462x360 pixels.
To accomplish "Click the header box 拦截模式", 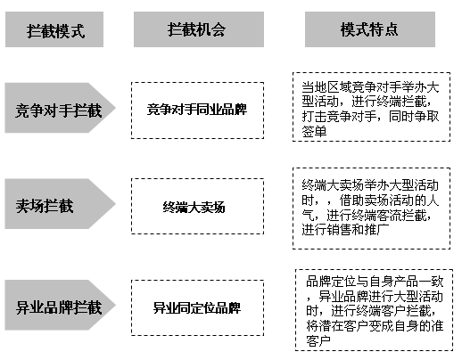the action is (54, 29).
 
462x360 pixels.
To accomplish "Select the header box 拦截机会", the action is (199, 29).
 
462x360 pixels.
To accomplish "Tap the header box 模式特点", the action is (370, 29).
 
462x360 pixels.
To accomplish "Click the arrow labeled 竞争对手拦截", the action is (61, 108).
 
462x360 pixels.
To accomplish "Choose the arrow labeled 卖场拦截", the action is (61, 204).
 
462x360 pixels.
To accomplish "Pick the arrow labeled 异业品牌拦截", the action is (61, 305).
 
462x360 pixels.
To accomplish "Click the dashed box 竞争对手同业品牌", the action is (197, 110).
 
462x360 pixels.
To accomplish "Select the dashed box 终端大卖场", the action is (197, 206).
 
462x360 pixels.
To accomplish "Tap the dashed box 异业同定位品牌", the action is (197, 307).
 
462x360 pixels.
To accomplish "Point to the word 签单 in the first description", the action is (314, 131).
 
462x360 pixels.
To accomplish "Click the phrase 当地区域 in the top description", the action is (326, 87).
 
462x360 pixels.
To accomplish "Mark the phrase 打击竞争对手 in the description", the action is (339, 117).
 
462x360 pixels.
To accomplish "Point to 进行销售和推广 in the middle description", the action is (345, 230).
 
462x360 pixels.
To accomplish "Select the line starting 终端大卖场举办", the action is (370, 185).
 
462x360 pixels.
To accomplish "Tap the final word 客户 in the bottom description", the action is (318, 340).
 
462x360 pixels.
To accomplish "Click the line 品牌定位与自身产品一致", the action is (375, 282).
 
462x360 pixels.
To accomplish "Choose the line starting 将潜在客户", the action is (375, 326).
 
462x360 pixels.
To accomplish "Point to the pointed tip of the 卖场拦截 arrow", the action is (116, 204).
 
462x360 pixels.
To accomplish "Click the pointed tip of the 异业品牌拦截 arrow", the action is (116, 305).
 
